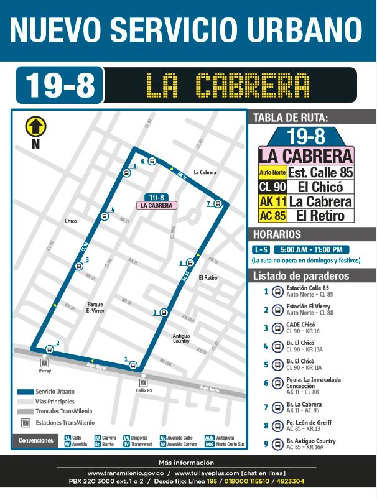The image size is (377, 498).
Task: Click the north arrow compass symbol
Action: [35, 126]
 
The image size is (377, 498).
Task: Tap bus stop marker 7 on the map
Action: [218, 203]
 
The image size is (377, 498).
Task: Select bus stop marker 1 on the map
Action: [133, 366]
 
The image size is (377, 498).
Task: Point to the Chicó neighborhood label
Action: [70, 221]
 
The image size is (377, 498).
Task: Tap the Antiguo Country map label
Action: [181, 338]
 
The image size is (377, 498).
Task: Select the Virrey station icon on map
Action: [44, 362]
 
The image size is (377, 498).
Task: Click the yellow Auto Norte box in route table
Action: [272, 172]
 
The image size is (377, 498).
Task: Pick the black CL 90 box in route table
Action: [272, 187]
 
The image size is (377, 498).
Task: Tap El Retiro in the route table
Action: [317, 216]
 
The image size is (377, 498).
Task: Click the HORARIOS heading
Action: [276, 234]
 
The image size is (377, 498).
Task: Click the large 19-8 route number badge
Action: [60, 86]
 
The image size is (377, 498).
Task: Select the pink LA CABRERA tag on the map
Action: [157, 205]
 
